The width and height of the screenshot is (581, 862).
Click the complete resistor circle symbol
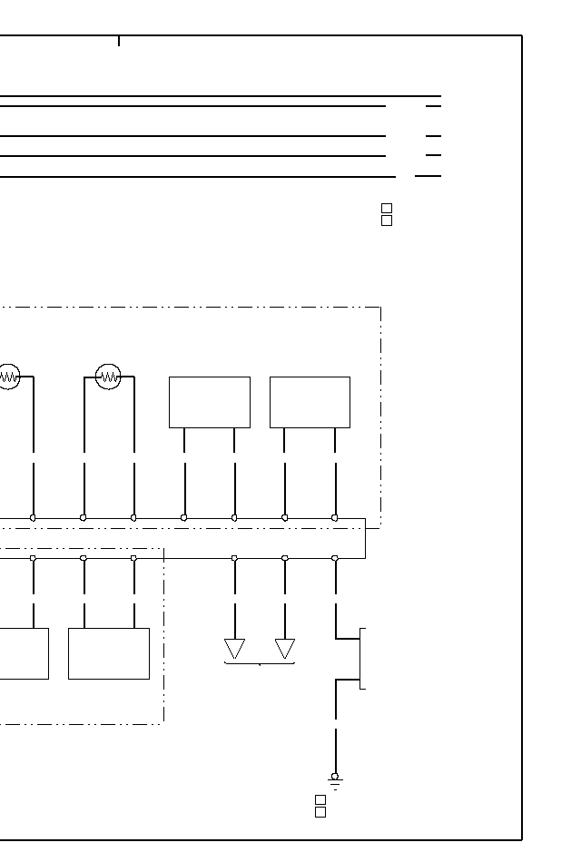(x=108, y=376)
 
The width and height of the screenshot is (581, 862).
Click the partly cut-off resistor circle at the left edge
(x=8, y=376)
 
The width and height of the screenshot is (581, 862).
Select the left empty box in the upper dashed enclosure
(x=209, y=402)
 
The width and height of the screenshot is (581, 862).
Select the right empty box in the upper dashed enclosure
(x=310, y=402)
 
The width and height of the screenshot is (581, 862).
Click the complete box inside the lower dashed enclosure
(x=108, y=653)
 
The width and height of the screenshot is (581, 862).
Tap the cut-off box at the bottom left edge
(x=24, y=653)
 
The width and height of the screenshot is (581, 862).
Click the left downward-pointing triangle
(x=234, y=649)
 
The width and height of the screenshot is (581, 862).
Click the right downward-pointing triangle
(x=285, y=649)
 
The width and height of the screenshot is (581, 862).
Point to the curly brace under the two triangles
(x=260, y=664)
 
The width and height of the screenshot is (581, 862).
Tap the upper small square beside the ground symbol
(x=320, y=799)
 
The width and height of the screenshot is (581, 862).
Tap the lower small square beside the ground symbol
(x=320, y=812)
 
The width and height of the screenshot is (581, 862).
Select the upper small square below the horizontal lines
(x=387, y=208)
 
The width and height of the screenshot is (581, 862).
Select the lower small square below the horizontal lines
(x=387, y=220)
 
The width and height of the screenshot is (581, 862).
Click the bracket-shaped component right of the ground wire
(x=362, y=658)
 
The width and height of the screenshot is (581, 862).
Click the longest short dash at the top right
(x=428, y=176)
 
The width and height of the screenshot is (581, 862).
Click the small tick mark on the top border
(x=119, y=41)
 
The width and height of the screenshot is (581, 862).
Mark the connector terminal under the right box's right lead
(x=335, y=517)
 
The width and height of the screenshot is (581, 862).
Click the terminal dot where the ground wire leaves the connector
(x=335, y=557)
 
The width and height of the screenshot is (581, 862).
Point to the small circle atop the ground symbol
(x=335, y=776)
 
